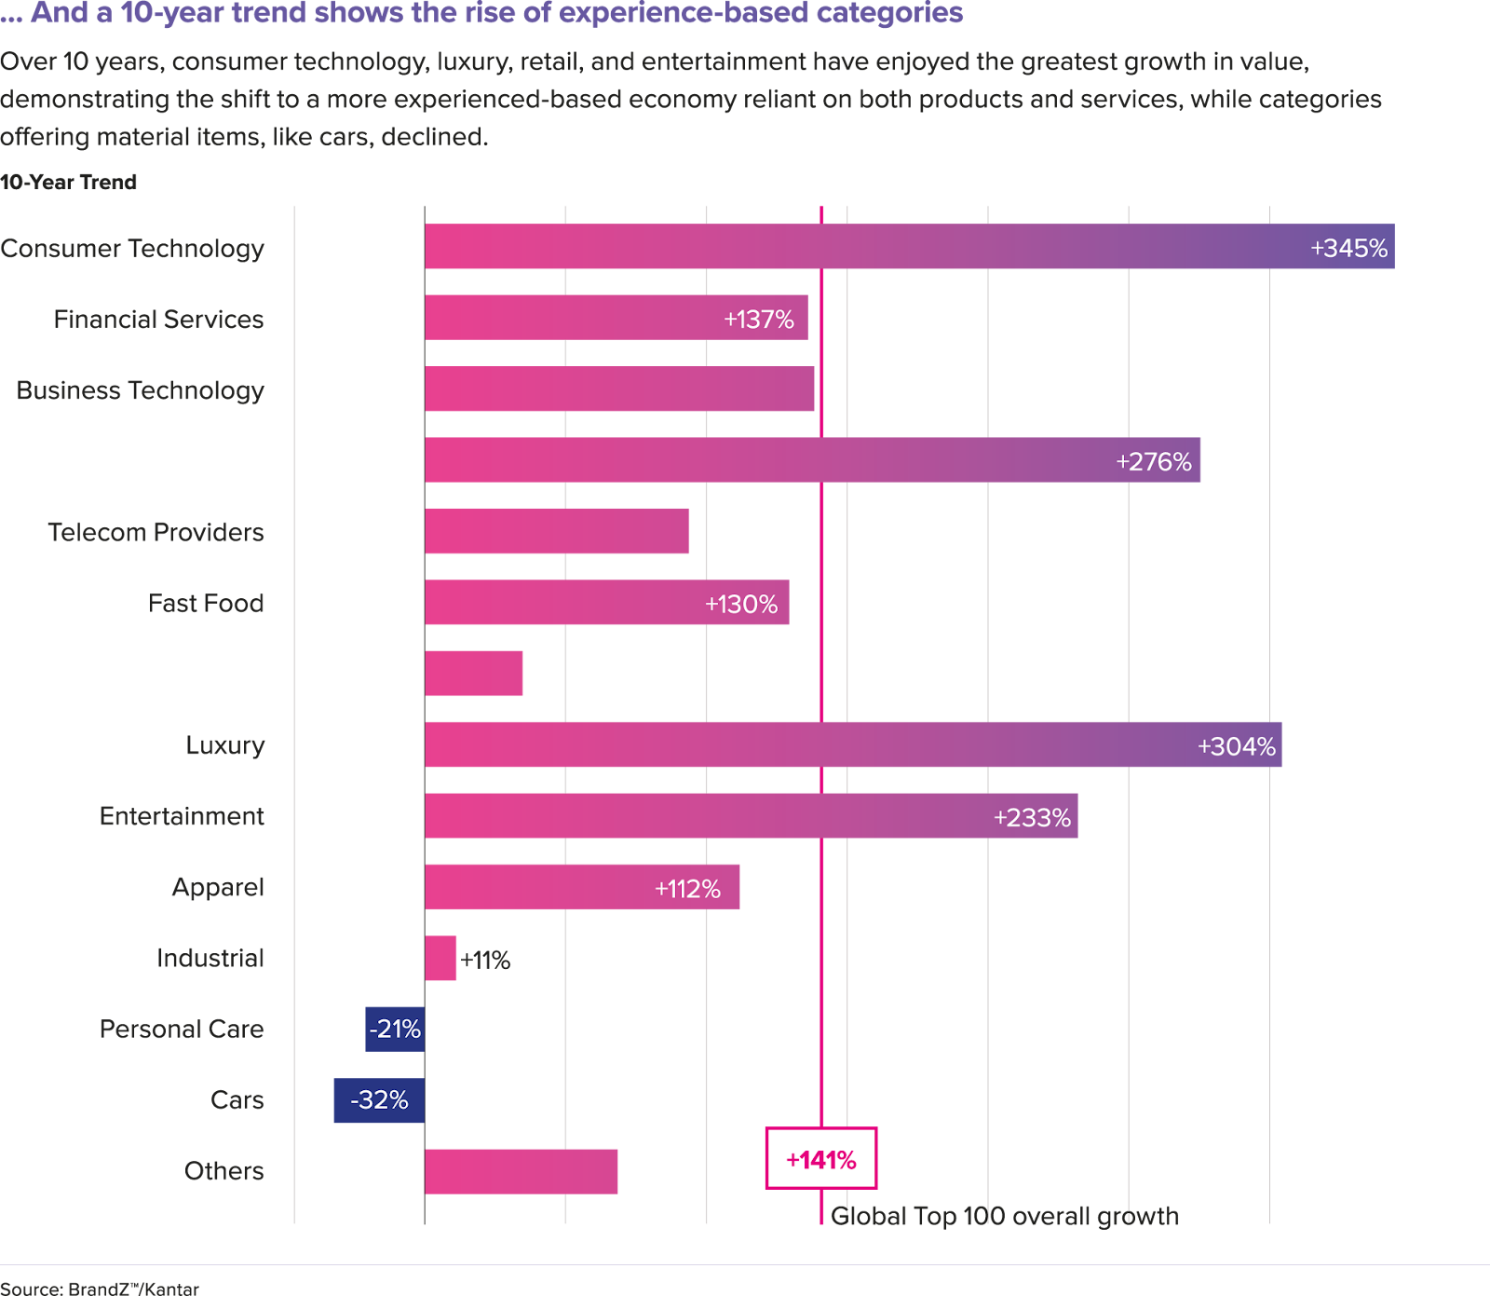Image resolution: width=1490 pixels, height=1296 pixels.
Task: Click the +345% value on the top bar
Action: click(x=1348, y=248)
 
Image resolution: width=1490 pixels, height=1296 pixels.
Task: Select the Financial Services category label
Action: click(x=158, y=320)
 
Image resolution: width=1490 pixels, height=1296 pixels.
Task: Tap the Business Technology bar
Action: click(x=619, y=389)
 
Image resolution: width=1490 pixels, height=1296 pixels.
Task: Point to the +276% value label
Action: click(x=1153, y=461)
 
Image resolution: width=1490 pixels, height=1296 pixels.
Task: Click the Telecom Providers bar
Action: click(x=557, y=531)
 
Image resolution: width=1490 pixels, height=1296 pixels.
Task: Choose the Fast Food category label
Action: click(x=206, y=604)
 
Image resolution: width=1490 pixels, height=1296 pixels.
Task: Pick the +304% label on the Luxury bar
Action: click(x=1236, y=746)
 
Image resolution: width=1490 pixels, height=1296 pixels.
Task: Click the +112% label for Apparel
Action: click(x=687, y=889)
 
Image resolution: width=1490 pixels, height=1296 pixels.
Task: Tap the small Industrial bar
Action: click(x=440, y=959)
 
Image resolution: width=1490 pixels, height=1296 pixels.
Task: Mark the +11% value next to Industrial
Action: click(x=485, y=960)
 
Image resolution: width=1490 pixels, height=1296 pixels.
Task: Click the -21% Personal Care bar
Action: click(x=395, y=1030)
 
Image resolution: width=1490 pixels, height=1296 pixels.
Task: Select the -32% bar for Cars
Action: click(x=379, y=1100)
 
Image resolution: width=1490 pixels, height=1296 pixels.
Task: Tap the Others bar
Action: click(x=521, y=1171)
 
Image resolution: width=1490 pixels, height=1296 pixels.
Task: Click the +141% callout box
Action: click(x=820, y=1159)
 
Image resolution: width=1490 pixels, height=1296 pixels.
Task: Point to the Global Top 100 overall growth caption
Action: click(x=1005, y=1216)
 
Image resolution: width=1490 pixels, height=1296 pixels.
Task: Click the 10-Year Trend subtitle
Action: click(x=69, y=182)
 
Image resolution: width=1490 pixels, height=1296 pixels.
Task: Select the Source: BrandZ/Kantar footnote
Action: click(x=100, y=1289)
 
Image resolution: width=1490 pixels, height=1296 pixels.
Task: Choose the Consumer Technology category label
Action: click(x=132, y=249)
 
